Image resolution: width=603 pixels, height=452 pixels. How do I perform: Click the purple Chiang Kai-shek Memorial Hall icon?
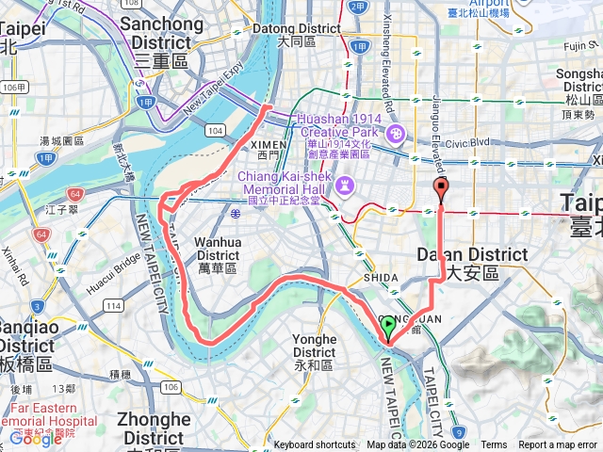point(347,184)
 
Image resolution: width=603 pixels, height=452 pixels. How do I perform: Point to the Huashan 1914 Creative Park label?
point(339,125)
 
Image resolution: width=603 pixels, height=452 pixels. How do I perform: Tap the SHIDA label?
point(380,280)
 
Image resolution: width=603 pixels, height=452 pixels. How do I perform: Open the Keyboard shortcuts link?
point(315,445)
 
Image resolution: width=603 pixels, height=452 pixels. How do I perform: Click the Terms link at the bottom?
point(494,445)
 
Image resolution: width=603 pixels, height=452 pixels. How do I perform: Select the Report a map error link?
point(559,445)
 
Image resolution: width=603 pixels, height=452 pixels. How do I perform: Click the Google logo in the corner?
point(35,438)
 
